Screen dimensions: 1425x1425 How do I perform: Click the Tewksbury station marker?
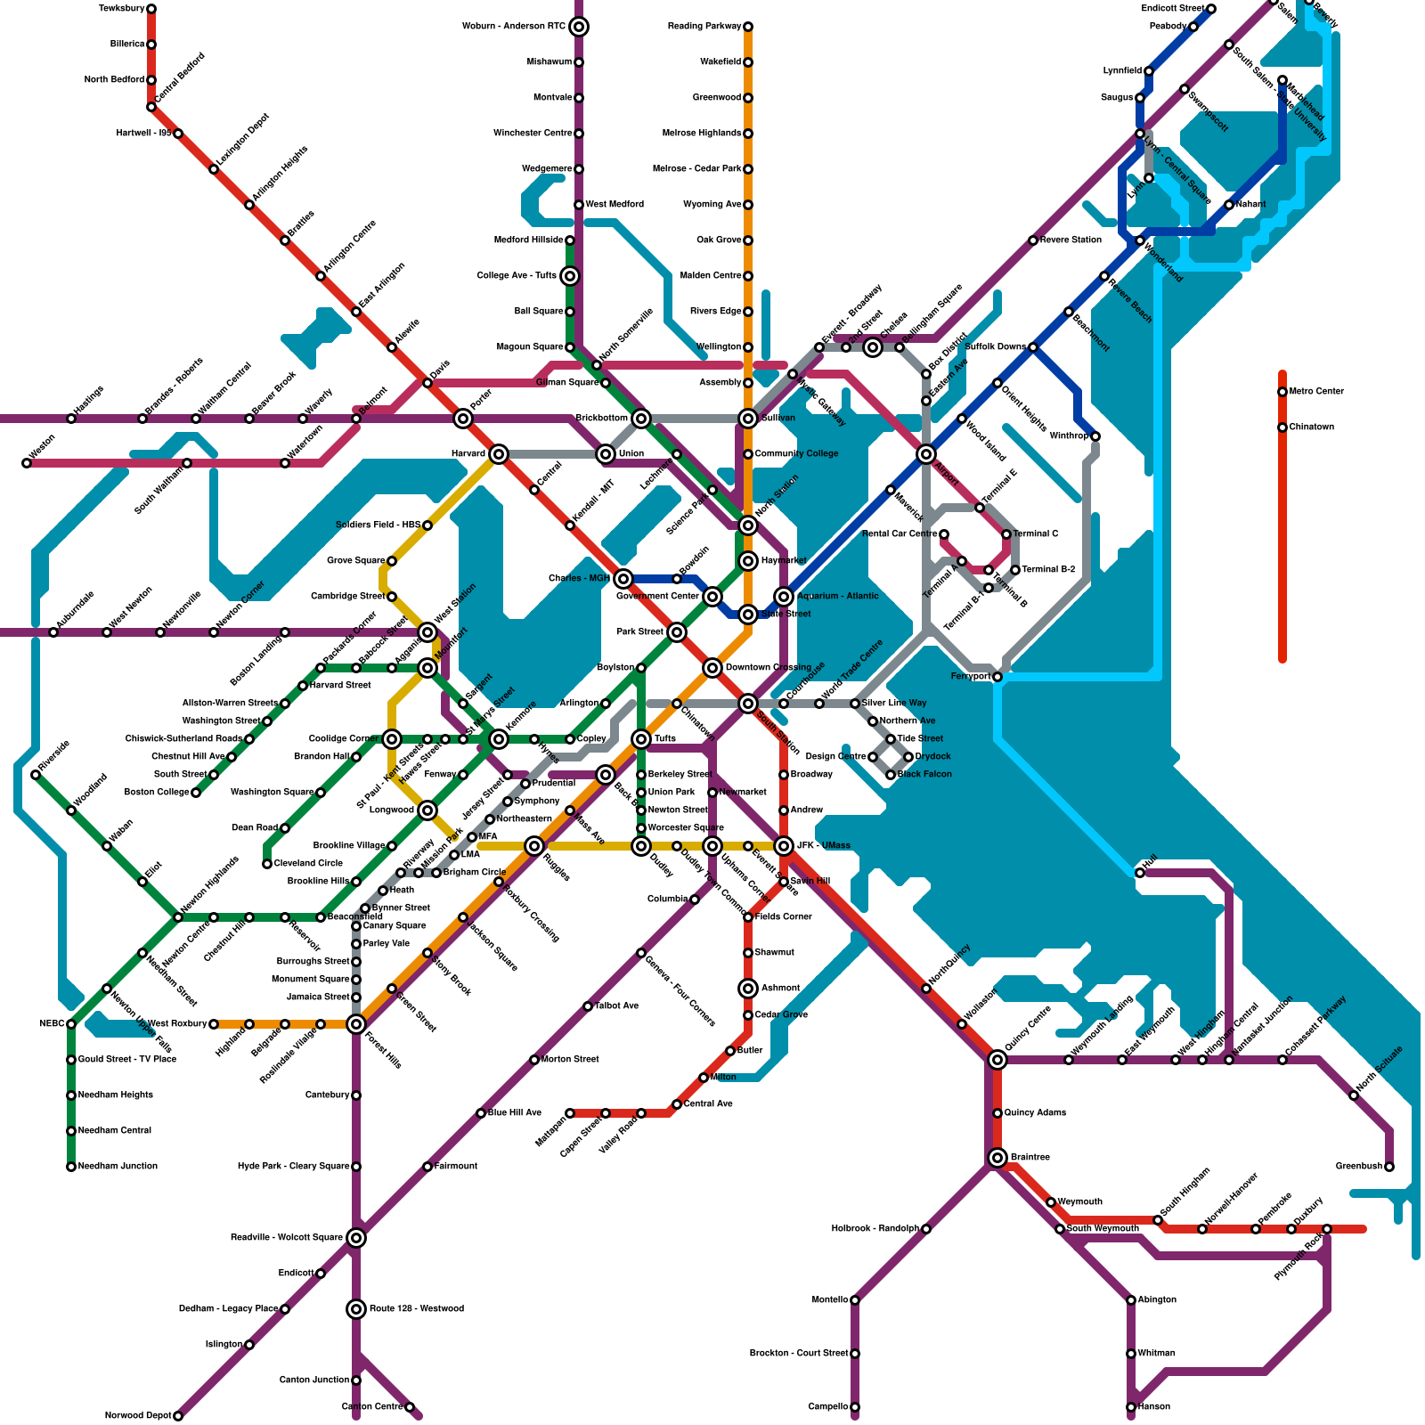coord(151,9)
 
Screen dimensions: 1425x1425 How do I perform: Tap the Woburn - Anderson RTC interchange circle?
coord(579,27)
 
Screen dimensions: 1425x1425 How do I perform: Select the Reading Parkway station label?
coord(704,27)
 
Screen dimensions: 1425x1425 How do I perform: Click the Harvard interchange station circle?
coord(499,454)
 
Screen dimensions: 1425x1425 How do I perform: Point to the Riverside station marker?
coord(36,775)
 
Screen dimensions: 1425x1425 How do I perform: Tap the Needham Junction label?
coord(118,1167)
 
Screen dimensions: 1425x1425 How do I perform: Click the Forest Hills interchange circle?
coord(356,1024)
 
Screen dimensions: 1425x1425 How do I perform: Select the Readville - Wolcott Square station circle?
coord(356,1238)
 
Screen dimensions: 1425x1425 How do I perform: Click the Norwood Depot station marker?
coord(178,1416)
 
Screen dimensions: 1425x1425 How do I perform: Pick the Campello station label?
coord(827,1407)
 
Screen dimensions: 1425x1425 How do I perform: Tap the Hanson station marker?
coord(1131,1407)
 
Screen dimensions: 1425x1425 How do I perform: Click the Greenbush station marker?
coord(1389,1167)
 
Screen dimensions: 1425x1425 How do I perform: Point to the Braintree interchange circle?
coord(997,1158)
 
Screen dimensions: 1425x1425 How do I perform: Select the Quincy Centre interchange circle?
coord(997,1060)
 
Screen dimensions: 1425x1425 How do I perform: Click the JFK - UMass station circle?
coord(784,846)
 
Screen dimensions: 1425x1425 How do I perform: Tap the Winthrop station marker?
coord(1095,436)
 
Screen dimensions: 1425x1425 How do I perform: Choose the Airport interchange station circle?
coord(926,454)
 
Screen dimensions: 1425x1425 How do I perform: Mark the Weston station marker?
coord(27,463)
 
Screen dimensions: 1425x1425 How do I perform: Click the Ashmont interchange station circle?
coord(748,989)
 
